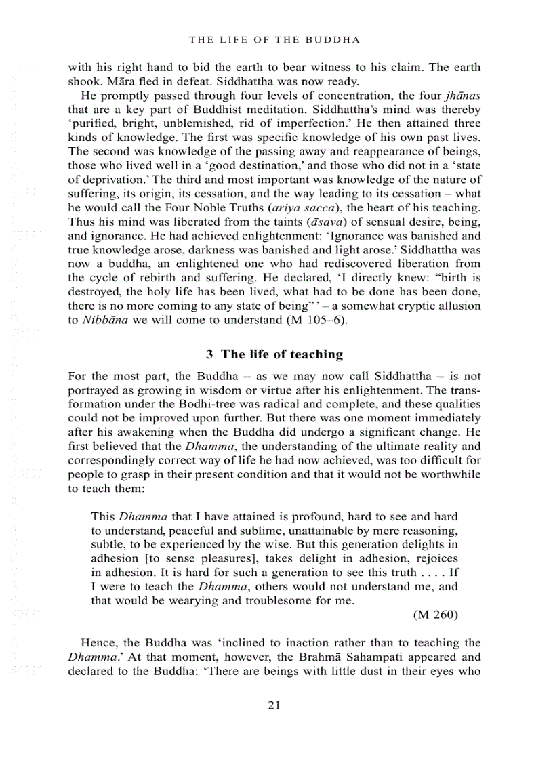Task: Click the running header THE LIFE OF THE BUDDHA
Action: (x=274, y=40)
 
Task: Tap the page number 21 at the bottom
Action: (x=274, y=705)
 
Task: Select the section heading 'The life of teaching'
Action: (x=274, y=354)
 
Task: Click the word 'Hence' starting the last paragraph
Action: (x=97, y=643)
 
